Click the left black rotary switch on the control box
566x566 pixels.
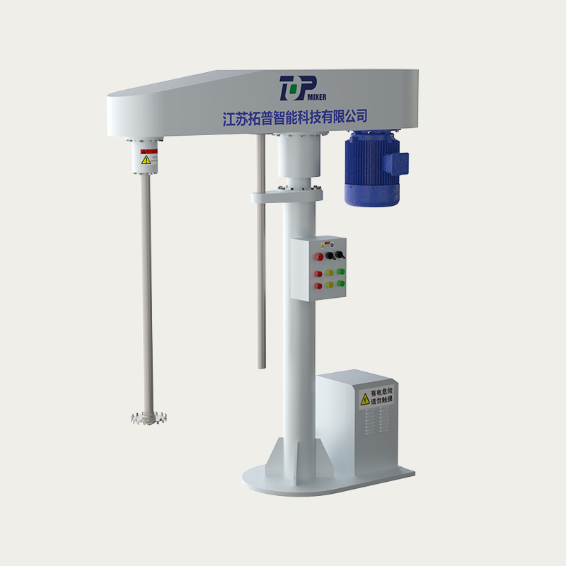330,255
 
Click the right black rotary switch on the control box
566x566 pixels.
341,254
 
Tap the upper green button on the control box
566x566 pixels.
340,271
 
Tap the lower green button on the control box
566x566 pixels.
340,284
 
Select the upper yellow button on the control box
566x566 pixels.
330,272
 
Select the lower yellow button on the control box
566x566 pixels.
330,285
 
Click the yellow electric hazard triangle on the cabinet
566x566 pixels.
365,399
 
